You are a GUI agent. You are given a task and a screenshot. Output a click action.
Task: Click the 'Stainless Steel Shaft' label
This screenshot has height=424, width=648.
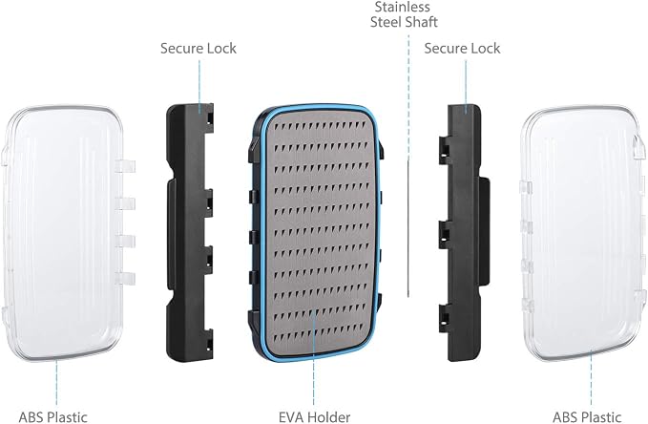pyautogui.click(x=404, y=14)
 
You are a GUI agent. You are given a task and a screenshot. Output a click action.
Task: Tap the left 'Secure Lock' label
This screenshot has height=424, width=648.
pyautogui.click(x=199, y=49)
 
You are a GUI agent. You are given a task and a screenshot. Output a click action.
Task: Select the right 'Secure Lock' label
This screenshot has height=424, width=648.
pyautogui.click(x=462, y=49)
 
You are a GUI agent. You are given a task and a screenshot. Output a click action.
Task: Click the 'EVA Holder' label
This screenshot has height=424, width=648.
pyautogui.click(x=315, y=417)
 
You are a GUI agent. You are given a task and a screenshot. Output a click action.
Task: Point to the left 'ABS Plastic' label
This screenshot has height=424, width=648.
pyautogui.click(x=52, y=417)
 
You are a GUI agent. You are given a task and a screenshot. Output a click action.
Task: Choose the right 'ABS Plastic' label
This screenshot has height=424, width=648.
pyautogui.click(x=587, y=417)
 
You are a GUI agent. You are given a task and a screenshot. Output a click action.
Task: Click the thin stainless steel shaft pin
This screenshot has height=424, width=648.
pyautogui.click(x=408, y=228)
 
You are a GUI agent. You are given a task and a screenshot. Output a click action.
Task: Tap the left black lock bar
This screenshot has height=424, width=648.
pyautogui.click(x=190, y=232)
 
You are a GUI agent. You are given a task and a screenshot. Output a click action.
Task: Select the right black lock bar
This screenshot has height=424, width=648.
pyautogui.click(x=464, y=232)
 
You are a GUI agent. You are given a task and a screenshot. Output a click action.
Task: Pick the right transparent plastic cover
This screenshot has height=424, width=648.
pyautogui.click(x=583, y=233)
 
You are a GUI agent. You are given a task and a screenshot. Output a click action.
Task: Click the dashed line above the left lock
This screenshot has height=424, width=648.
pyautogui.click(x=199, y=86)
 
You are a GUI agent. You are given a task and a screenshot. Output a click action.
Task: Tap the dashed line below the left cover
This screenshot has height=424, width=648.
pyautogui.click(x=56, y=383)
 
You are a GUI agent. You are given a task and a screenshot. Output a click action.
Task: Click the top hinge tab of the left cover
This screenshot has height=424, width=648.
pyautogui.click(x=125, y=166)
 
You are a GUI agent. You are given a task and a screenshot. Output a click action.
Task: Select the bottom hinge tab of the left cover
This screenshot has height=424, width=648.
pyautogui.click(x=125, y=278)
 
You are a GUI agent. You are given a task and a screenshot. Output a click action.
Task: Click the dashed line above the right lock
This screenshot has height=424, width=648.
pyautogui.click(x=467, y=86)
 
